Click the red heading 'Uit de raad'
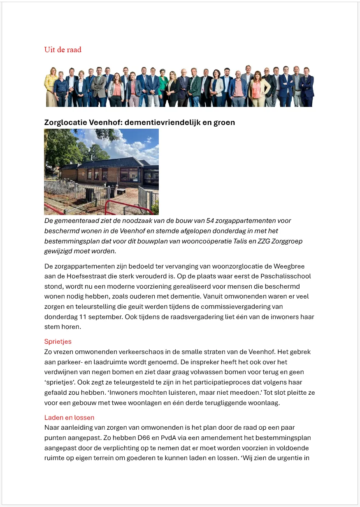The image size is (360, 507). pyautogui.click(x=63, y=50)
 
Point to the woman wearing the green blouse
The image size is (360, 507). pyautogui.click(x=163, y=86)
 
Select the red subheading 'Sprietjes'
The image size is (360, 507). pyautogui.click(x=58, y=342)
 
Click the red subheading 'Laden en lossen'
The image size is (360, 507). pyautogui.click(x=69, y=418)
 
